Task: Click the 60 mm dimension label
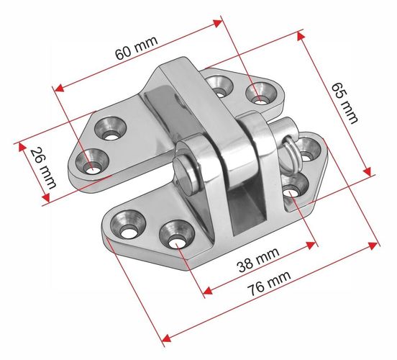click(136, 48)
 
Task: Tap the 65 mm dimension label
click(344, 103)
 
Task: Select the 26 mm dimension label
click(43, 168)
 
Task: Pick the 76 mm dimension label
click(269, 283)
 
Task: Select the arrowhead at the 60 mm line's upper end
click(218, 23)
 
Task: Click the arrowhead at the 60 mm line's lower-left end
click(59, 88)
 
